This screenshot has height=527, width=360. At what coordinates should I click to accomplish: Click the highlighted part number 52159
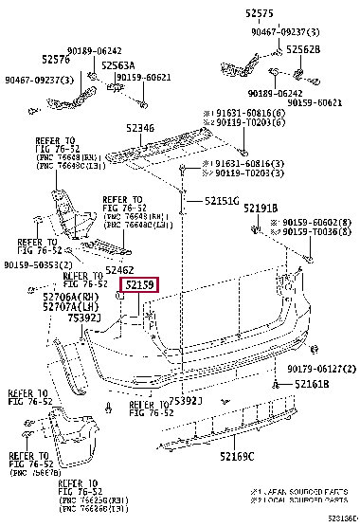pos(138,283)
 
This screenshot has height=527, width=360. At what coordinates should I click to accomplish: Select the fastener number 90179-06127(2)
pos(320,368)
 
